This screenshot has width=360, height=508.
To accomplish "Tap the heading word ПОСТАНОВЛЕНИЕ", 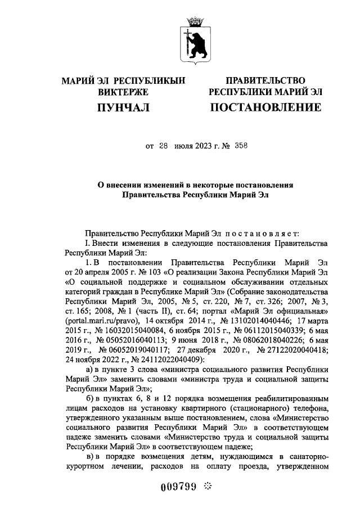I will [265, 107].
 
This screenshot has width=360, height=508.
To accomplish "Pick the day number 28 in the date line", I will [164, 146].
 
